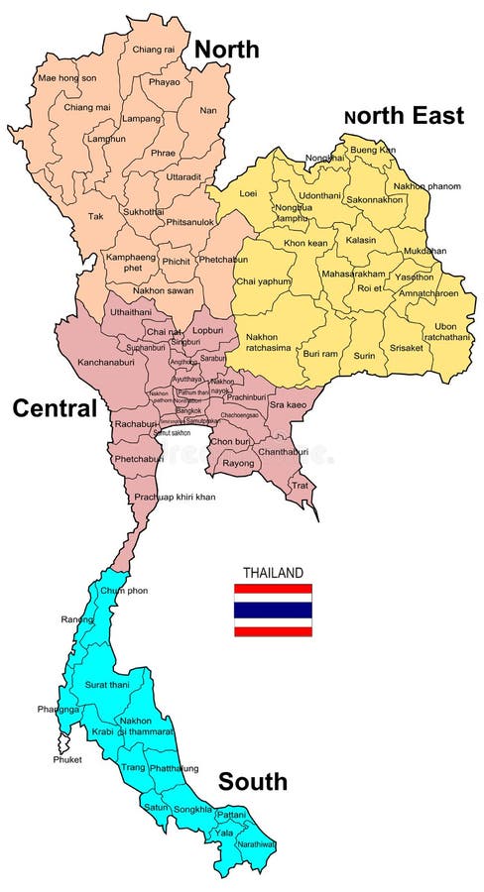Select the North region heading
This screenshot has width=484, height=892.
[x=226, y=49]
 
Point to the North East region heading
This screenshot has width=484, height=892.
[x=404, y=116]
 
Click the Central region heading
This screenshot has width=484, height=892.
[x=54, y=407]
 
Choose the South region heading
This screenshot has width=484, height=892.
[x=253, y=782]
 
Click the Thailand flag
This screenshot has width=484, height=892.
[x=273, y=609]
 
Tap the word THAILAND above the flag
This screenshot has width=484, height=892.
[x=273, y=573]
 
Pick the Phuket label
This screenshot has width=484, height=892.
[x=67, y=760]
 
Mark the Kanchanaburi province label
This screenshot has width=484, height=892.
[x=109, y=363]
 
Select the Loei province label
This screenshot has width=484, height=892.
[x=248, y=194]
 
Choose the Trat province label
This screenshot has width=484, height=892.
[x=299, y=485]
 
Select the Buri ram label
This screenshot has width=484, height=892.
[x=320, y=353]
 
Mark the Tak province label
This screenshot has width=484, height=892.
[x=95, y=216]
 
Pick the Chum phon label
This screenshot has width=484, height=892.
[x=124, y=591]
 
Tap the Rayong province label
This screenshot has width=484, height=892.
[x=238, y=463]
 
